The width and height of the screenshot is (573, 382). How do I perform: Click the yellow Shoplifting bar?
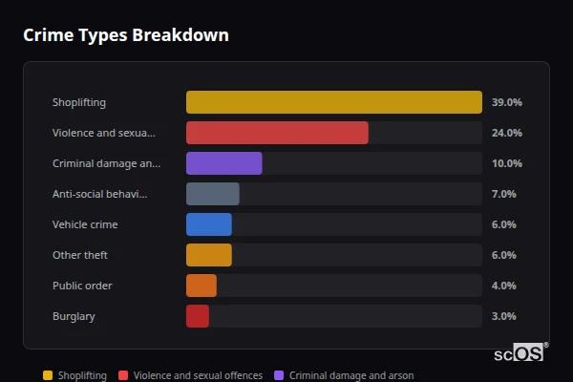[333, 102]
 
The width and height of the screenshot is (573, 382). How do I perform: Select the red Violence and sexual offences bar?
[277, 133]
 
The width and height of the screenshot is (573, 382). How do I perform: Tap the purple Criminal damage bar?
[223, 163]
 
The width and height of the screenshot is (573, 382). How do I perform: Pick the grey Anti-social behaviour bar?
[212, 194]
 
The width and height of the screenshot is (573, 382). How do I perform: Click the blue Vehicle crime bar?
[208, 224]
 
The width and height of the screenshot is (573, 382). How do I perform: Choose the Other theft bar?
[208, 255]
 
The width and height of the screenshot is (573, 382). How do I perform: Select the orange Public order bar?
[201, 286]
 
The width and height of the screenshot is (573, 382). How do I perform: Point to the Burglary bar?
[197, 316]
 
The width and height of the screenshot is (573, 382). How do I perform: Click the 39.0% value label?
[506, 102]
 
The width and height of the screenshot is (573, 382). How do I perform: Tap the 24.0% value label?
[506, 133]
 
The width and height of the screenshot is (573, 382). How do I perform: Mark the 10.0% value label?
[506, 163]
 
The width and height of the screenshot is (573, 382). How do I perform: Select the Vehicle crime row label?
[85, 224]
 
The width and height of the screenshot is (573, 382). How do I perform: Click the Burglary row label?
[74, 316]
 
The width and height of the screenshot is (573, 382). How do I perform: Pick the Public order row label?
[82, 286]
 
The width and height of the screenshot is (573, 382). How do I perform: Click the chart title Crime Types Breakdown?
[125, 35]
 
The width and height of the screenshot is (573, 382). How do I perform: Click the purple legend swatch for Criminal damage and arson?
[279, 375]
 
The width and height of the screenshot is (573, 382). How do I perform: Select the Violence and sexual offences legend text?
[198, 375]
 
